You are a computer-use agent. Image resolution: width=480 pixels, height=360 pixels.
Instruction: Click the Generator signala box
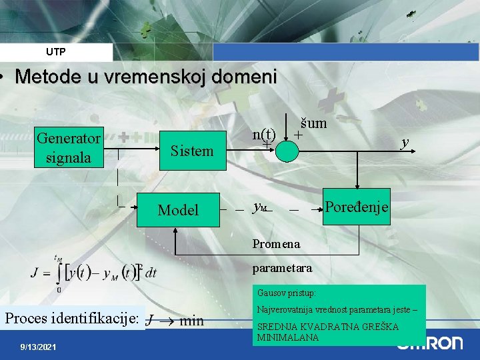tap(69, 148)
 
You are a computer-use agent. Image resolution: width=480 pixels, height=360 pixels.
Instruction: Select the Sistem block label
tap(192, 151)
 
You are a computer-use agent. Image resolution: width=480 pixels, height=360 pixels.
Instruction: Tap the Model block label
tap(178, 210)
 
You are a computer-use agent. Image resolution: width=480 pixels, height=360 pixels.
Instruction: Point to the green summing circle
tap(287, 151)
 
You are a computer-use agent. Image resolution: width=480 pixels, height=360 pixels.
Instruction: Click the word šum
tap(313, 123)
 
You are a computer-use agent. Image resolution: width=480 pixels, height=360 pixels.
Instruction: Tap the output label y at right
tap(404, 142)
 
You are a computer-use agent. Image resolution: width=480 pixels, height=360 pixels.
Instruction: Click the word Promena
tap(276, 244)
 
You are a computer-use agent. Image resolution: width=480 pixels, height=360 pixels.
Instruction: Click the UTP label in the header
tap(56, 51)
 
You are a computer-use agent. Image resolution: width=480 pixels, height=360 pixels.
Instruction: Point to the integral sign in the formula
tap(59, 274)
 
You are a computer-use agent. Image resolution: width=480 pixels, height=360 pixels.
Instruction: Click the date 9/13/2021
tap(39, 347)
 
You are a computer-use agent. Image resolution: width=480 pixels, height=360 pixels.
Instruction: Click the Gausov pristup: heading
tap(286, 293)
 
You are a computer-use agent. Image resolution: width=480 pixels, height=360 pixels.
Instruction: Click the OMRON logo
tap(430, 343)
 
